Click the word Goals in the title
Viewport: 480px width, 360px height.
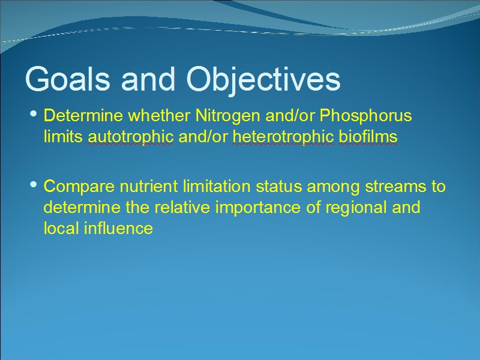pyautogui.click(x=68, y=79)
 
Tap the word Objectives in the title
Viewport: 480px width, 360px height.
pyautogui.click(x=263, y=80)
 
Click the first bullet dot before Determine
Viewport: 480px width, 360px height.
pyautogui.click(x=34, y=114)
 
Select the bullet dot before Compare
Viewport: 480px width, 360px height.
pyautogui.click(x=34, y=184)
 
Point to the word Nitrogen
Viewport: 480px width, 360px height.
pyautogui.click(x=227, y=116)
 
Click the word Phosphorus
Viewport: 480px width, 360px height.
pyautogui.click(x=365, y=116)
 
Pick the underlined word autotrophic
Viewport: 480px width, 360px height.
pyautogui.click(x=131, y=137)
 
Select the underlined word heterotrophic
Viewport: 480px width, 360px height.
pyautogui.click(x=283, y=137)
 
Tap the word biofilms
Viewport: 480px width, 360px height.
pyautogui.click(x=368, y=136)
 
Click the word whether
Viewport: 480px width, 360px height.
pyautogui.click(x=159, y=115)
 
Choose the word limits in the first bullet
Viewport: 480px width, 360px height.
pyautogui.click(x=63, y=136)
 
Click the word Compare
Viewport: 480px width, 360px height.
pyautogui.click(x=79, y=187)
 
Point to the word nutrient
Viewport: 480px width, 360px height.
pyautogui.click(x=148, y=187)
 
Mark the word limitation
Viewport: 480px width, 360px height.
pyautogui.click(x=217, y=186)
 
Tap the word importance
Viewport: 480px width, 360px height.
pyautogui.click(x=258, y=208)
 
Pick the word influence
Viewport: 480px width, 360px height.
pyautogui.click(x=118, y=229)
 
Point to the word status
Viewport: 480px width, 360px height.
pyautogui.click(x=279, y=187)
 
